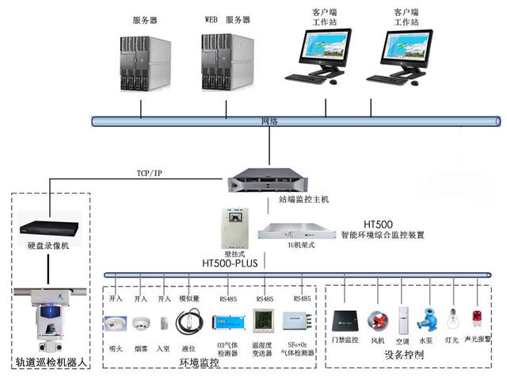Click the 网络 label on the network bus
pyautogui.click(x=270, y=121)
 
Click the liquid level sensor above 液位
pyautogui.click(x=190, y=322)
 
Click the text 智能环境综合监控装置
pyautogui.click(x=383, y=235)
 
